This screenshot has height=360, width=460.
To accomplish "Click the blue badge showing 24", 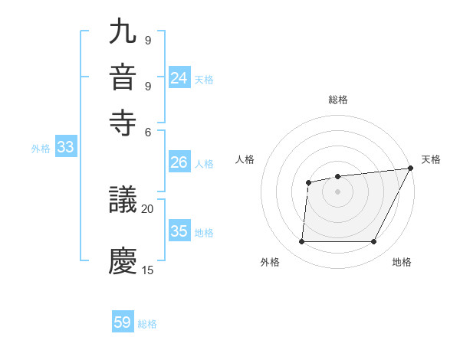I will click(179, 78).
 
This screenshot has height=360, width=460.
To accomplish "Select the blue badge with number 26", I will click(179, 162).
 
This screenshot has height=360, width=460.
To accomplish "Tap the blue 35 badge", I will click(179, 231).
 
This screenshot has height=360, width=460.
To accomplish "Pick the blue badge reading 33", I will click(65, 148).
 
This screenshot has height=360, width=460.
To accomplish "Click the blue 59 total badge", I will click(123, 322).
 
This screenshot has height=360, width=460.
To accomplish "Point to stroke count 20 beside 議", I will click(148, 208).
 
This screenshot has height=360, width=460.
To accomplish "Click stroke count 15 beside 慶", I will click(148, 270).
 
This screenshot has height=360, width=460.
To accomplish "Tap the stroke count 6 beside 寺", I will click(148, 131).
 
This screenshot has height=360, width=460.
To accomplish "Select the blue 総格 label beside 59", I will click(147, 324).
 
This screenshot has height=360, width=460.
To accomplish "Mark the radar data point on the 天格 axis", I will click(411, 169).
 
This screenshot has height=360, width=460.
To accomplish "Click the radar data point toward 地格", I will click(374, 242).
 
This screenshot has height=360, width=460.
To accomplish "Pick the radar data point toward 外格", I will click(301, 242).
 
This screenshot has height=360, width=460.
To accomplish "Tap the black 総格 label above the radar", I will click(338, 100).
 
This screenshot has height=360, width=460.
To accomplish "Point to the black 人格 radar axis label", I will click(245, 159).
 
